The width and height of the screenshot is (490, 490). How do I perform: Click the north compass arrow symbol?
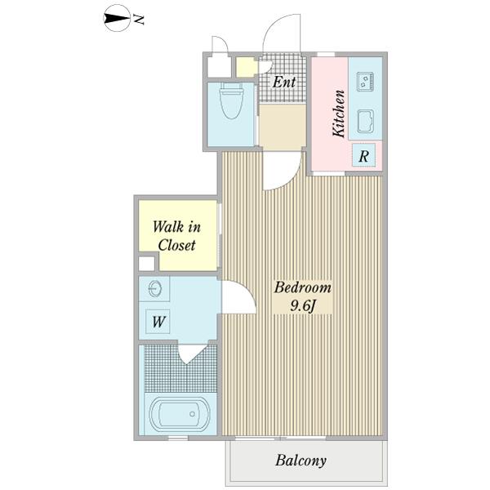coord(116,19)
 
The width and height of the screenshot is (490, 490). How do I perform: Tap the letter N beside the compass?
coord(139,20)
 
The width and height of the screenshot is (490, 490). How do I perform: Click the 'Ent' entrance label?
coord(284,82)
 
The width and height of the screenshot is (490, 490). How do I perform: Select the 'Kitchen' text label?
coord(339,114)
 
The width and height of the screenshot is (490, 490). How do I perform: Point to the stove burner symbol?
coord(365,82)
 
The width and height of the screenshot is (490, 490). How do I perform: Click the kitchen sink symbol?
coord(365,122)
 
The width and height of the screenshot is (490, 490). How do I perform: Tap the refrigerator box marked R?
coord(363,155)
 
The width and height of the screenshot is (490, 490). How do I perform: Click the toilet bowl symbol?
coord(231,100)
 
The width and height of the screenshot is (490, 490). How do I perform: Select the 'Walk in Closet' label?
coord(177,236)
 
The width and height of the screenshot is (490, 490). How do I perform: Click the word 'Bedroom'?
coord(302,287)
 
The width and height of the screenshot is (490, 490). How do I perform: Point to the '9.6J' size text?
coord(302,305)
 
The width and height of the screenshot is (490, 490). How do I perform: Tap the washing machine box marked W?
coord(158,322)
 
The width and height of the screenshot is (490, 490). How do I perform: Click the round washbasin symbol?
coord(154,289)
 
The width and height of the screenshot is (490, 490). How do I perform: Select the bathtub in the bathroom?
coord(179,413)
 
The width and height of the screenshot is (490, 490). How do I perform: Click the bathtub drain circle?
coord(192,414)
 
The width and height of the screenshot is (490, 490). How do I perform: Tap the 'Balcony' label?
coord(301,461)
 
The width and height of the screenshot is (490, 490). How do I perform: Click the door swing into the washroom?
coord(240,296)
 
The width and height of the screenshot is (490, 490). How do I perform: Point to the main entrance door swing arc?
coord(282,33)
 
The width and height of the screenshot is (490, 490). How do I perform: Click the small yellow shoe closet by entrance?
coord(246,67)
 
